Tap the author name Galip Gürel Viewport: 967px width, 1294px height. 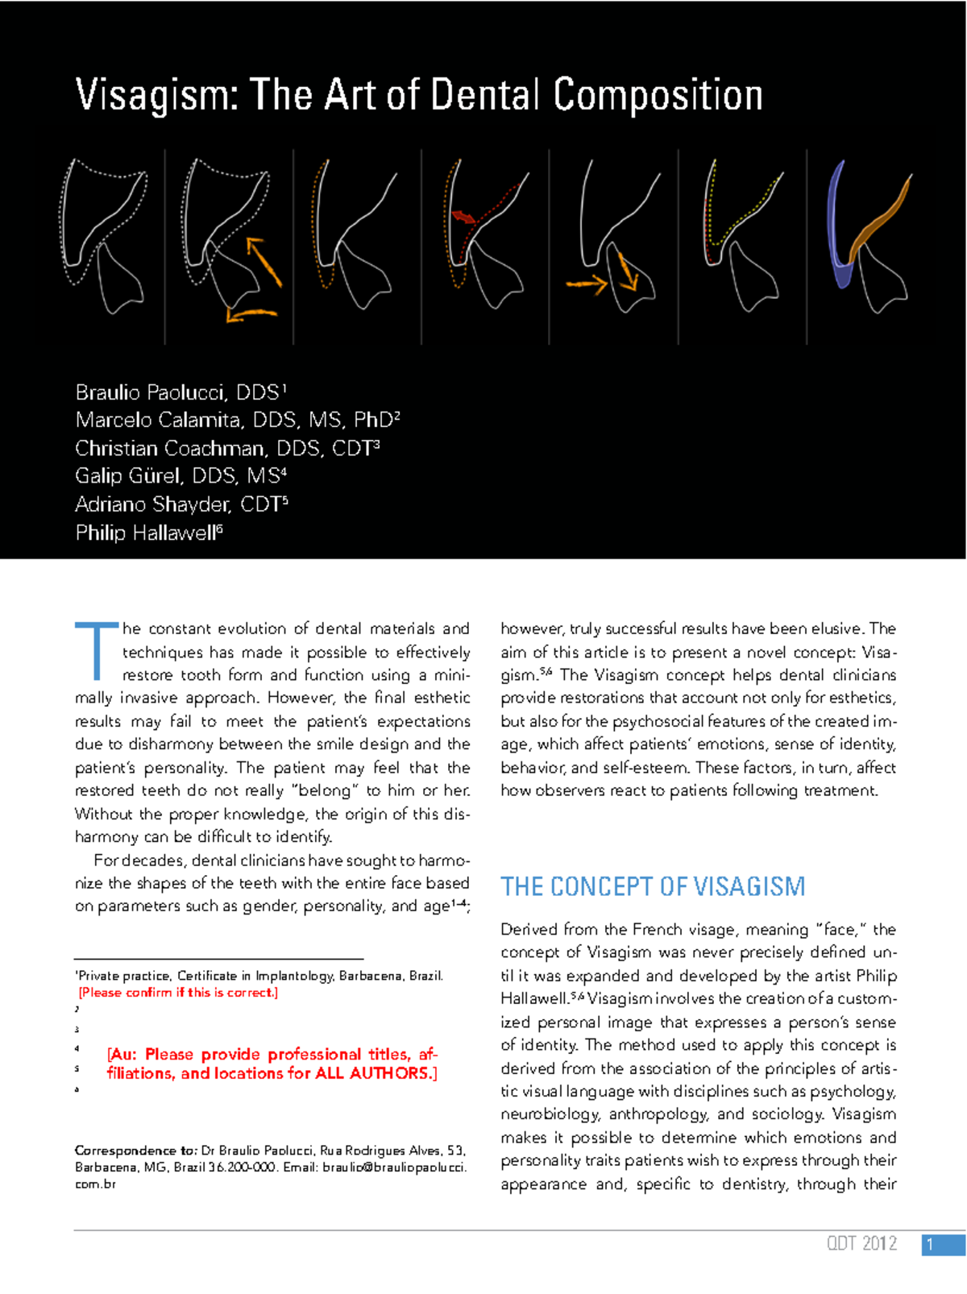(x=129, y=476)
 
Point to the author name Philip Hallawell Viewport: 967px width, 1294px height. (x=146, y=533)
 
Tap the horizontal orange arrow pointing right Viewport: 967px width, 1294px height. (x=586, y=283)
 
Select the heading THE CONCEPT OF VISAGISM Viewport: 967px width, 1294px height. (x=652, y=886)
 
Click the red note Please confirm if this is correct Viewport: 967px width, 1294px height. (x=178, y=993)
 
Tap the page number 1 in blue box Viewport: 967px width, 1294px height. (x=933, y=1244)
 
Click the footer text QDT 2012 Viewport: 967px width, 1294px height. (x=861, y=1243)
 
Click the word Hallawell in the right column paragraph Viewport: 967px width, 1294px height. (x=533, y=998)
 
